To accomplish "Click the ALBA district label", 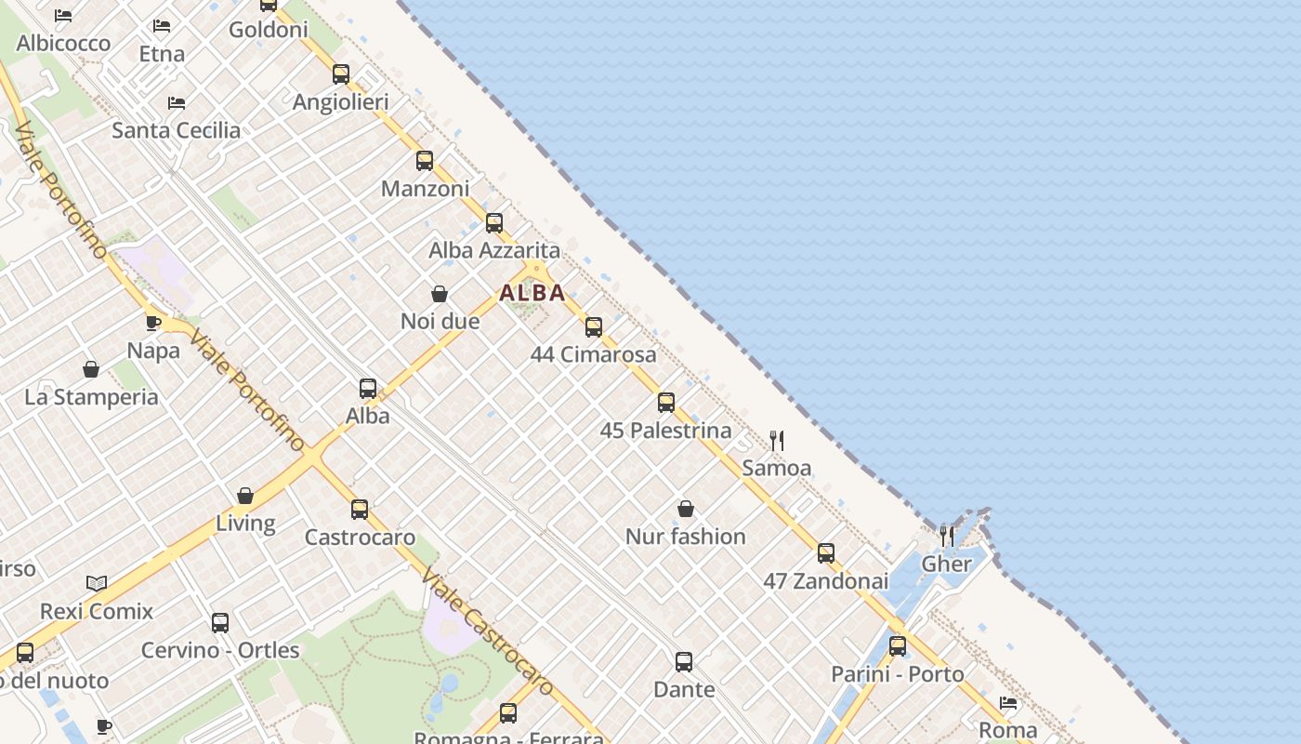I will pos(532,293).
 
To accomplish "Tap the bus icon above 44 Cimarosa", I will pos(594,327).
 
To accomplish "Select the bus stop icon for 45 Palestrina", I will pos(666,403).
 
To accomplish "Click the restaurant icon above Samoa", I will pos(777,441).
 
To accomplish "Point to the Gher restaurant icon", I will pos(946,536).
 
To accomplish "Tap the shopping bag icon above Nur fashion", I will pos(686,509).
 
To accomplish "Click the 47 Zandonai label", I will pos(826,581).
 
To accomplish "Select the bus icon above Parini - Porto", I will pos(898,646).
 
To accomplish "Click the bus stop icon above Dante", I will pos(684,662).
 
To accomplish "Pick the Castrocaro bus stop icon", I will pos(360,510).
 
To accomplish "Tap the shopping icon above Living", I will pos(245,496).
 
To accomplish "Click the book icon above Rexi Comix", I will pos(97,583).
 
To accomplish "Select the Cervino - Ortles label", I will pos(220,650).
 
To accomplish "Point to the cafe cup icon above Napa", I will pos(153,324).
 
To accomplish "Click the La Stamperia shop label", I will pos(91,397).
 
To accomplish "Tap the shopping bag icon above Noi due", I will pos(440,294).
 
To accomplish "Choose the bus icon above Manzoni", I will pos(425,161).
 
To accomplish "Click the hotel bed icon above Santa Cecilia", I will pos(177,102).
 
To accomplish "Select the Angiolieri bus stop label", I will pos(341,102).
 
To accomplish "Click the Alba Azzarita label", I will pos(494,250).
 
